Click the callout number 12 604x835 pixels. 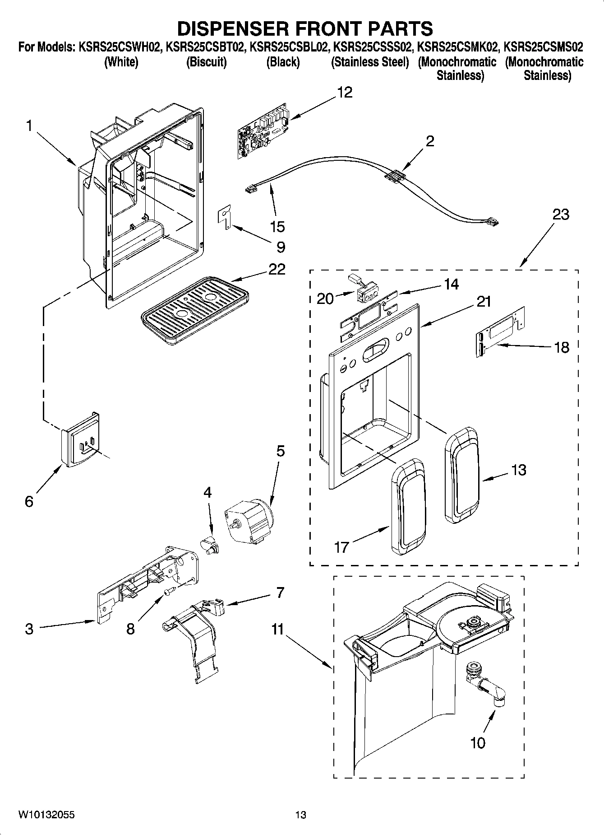pos(345,93)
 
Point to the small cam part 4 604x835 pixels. pos(209,543)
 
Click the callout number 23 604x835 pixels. pos(561,214)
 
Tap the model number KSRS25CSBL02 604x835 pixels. pos(288,47)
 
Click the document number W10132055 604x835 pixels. pos(46,814)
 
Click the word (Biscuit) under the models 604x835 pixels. pos(206,62)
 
